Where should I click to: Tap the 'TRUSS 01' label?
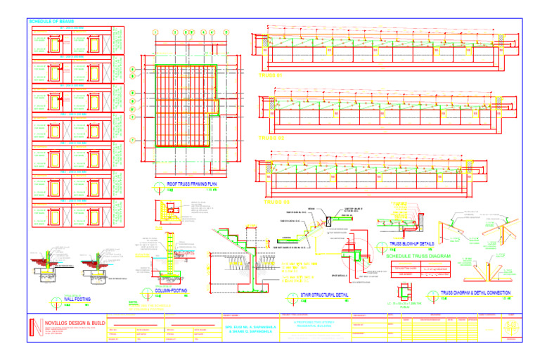(271, 75)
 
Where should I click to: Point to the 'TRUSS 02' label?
(271, 138)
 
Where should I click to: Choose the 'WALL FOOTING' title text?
(79, 299)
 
